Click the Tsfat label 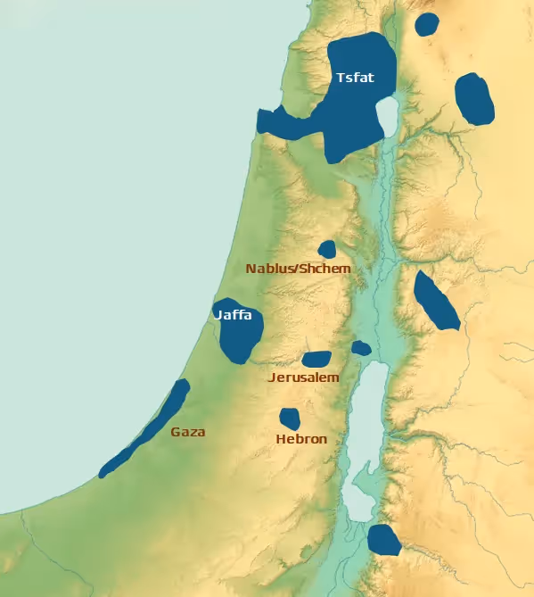pos(355,78)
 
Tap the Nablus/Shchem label pos(298,269)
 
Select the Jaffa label pos(233,315)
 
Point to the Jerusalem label pos(304,377)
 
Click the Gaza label pos(188,432)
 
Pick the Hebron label pos(301,439)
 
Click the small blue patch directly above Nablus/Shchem pos(327,249)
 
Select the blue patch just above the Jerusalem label pos(316,360)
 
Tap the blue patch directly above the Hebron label pos(289,418)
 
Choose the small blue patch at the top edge pos(427,24)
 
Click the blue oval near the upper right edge pos(474,99)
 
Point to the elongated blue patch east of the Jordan pos(436,301)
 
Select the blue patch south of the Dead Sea pos(383,539)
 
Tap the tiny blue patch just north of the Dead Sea pos(360,348)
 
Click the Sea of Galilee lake pos(388,116)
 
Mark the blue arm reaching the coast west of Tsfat pos(282,123)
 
